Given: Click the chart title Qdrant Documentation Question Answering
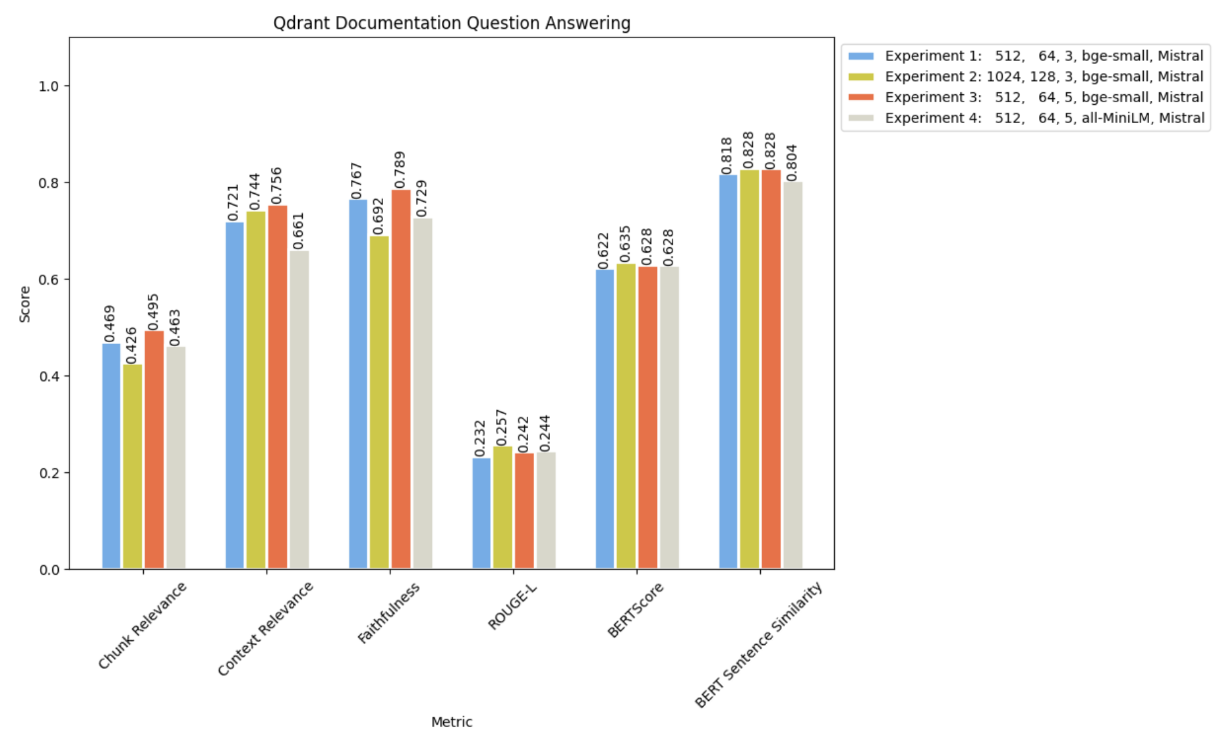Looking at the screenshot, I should click(451, 23).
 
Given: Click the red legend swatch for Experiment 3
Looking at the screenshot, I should click(860, 98).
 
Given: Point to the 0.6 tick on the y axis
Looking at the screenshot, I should click(49, 279).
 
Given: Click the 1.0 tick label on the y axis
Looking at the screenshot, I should click(49, 86).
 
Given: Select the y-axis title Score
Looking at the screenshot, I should click(25, 304).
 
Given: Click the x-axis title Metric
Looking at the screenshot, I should click(451, 722).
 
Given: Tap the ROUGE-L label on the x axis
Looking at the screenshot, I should click(512, 605).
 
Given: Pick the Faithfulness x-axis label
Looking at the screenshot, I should click(388, 613).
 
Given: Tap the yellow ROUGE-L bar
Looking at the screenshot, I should click(502, 507).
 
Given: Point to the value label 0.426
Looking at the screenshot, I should click(132, 345).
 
